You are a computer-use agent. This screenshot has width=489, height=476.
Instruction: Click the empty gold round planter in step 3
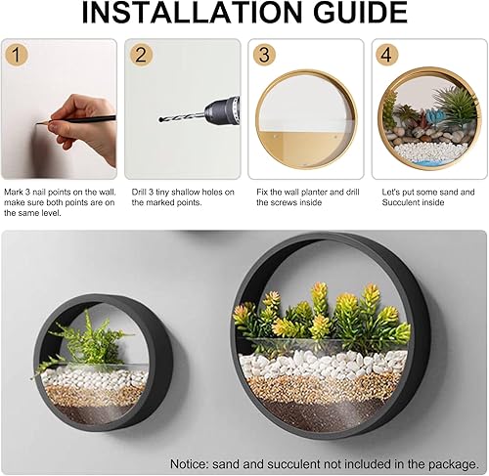point(306,117)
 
